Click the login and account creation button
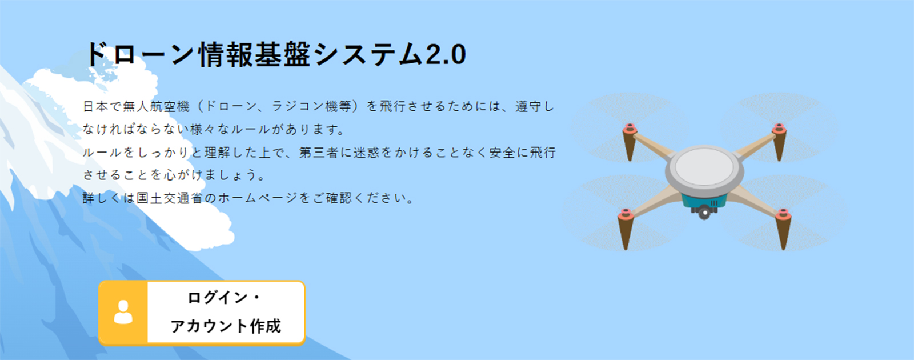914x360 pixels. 202,313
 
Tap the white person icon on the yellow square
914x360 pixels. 123,312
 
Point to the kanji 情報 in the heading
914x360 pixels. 226,54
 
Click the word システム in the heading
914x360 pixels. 368,54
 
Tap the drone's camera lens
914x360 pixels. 705,213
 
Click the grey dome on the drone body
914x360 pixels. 704,167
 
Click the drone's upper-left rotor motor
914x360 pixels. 630,129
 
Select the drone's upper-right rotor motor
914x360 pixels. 779,129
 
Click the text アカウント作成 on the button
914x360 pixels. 226,326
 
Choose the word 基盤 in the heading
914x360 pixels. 283,54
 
